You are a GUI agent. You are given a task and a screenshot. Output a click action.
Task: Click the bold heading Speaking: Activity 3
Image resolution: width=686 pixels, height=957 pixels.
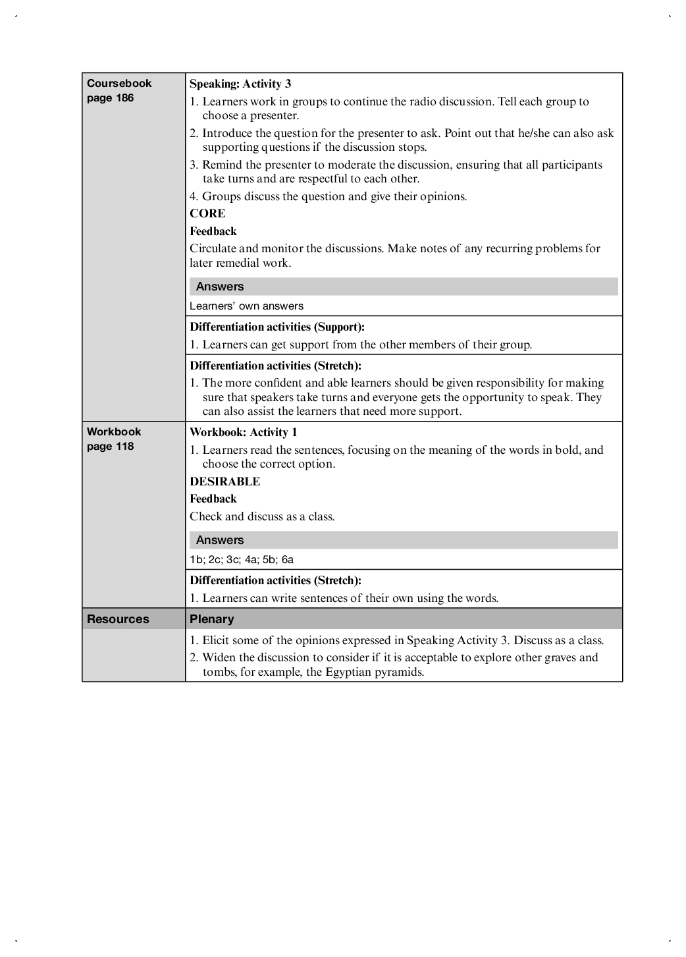tap(240, 84)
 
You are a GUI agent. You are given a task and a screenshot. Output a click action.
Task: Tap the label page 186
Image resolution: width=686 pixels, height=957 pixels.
tap(110, 98)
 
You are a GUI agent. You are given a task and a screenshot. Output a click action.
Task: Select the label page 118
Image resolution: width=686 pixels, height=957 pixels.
tap(110, 447)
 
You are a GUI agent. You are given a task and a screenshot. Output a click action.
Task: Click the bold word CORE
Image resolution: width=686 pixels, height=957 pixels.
tap(207, 213)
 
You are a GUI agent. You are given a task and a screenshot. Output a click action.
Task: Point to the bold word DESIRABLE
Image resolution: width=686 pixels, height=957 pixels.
tap(224, 481)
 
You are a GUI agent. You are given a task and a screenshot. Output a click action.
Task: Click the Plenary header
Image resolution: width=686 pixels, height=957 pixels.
tap(211, 619)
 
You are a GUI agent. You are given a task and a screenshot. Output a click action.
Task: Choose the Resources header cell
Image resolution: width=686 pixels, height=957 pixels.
tap(118, 619)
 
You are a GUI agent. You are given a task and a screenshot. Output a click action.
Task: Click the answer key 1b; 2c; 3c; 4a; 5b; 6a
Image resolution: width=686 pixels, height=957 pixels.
tap(242, 560)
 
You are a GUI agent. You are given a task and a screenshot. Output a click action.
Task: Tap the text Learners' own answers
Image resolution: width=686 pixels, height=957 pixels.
tap(246, 306)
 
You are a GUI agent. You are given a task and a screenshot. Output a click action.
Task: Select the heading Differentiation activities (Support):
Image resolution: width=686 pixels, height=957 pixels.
tap(277, 327)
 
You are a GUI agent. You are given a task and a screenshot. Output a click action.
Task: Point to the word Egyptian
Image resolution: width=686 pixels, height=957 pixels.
tap(348, 672)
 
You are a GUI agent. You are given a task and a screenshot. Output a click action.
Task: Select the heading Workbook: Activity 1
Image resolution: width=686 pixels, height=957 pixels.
tap(243, 433)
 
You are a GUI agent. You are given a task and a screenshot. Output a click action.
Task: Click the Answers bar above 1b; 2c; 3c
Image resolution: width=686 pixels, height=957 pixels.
tap(220, 540)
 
